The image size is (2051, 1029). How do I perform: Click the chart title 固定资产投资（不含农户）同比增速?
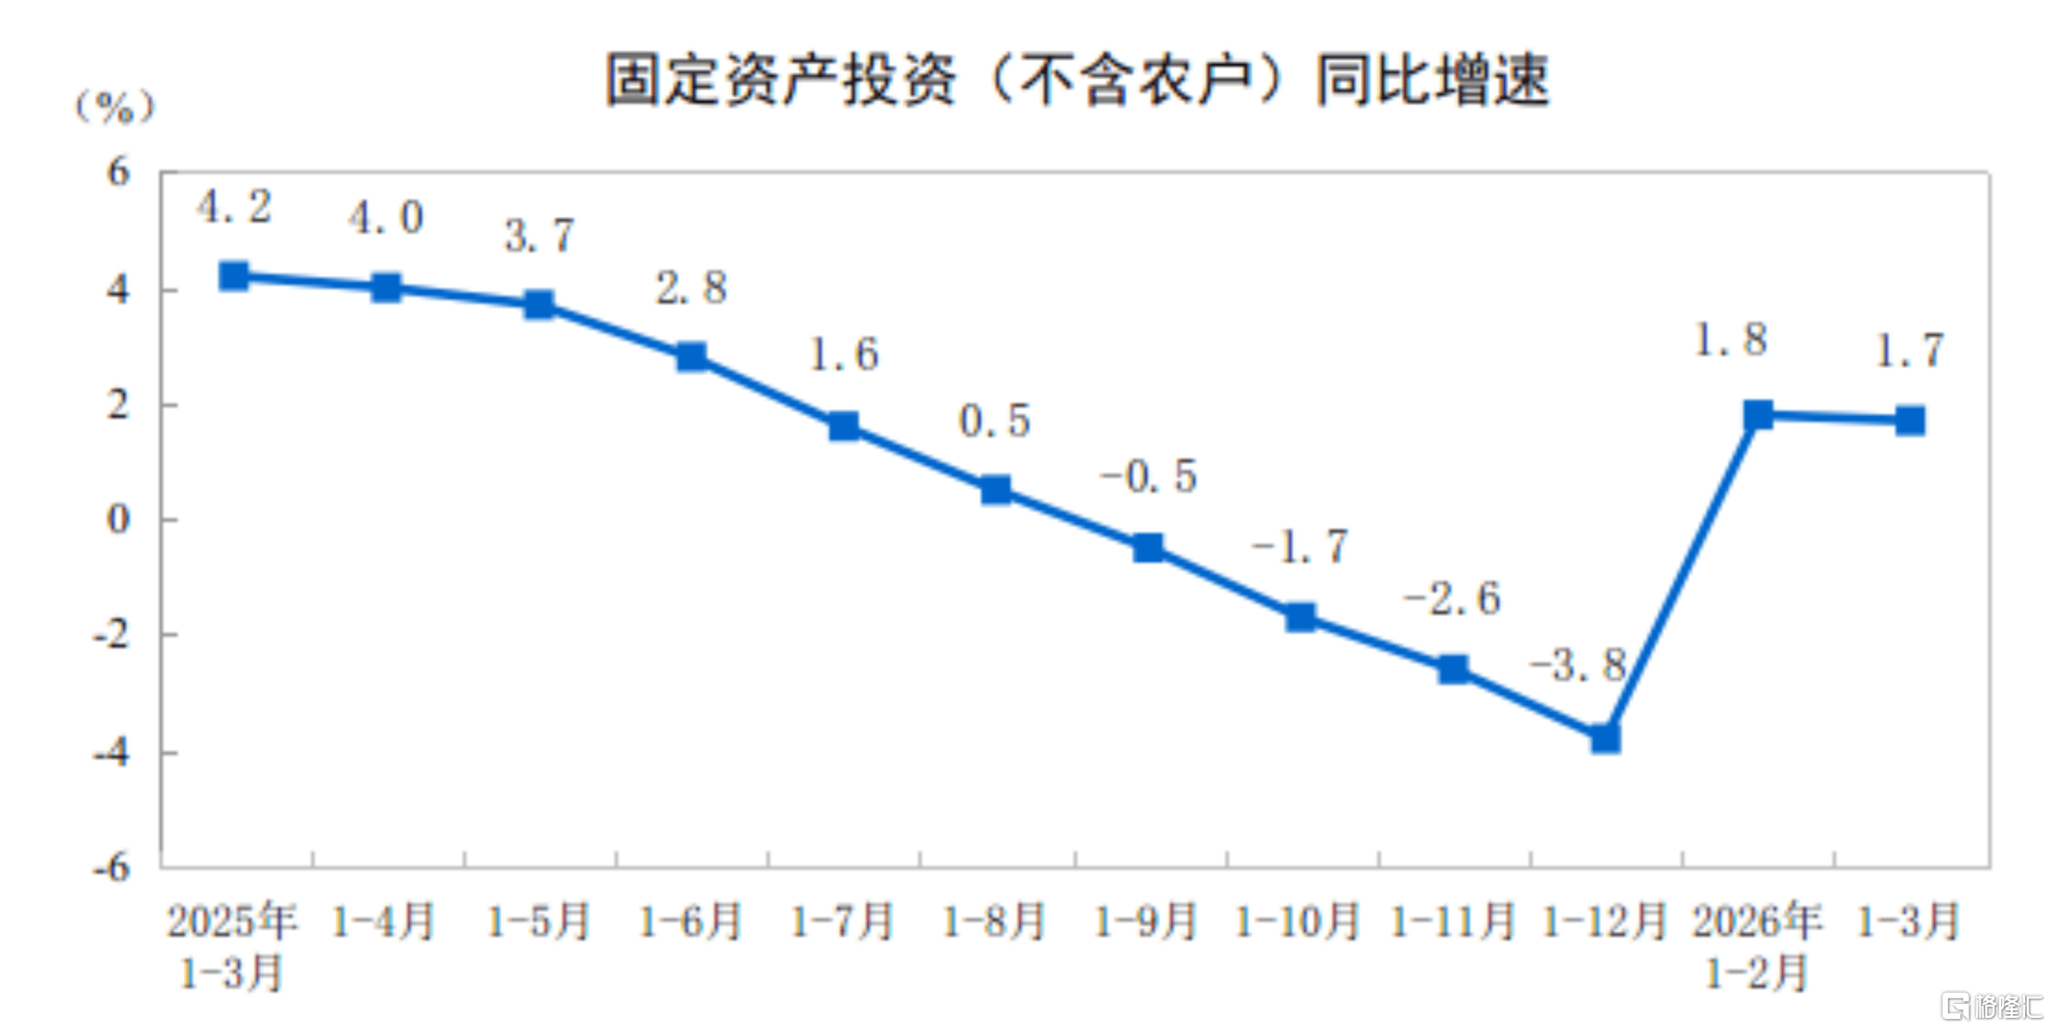pyautogui.click(x=1077, y=81)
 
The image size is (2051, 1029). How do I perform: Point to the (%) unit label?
pyautogui.click(x=115, y=108)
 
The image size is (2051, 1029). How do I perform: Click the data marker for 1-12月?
pyautogui.click(x=1606, y=738)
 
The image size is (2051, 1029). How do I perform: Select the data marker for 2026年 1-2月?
pyautogui.click(x=1758, y=415)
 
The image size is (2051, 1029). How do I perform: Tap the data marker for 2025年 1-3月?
pyautogui.click(x=234, y=276)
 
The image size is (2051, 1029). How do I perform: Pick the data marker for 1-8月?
pyautogui.click(x=996, y=490)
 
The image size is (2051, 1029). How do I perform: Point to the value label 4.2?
pyautogui.click(x=234, y=206)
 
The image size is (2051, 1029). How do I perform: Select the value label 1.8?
pyautogui.click(x=1730, y=340)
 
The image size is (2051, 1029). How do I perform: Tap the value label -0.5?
pyautogui.click(x=1149, y=477)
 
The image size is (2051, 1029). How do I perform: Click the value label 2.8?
pyautogui.click(x=691, y=288)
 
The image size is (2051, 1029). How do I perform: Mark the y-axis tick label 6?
pyautogui.click(x=118, y=172)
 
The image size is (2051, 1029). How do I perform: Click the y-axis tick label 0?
pyautogui.click(x=118, y=519)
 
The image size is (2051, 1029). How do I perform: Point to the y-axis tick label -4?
pyautogui.click(x=111, y=752)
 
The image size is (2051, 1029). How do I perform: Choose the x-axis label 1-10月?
pyautogui.click(x=1298, y=922)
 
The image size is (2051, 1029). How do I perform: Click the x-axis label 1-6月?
pyautogui.click(x=690, y=922)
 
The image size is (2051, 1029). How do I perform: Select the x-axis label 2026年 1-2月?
pyautogui.click(x=1757, y=946)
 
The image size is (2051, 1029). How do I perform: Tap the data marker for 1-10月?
pyautogui.click(x=1300, y=617)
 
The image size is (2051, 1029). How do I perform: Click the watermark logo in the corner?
pyautogui.click(x=1993, y=1005)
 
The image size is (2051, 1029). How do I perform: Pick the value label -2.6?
pyautogui.click(x=1452, y=599)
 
